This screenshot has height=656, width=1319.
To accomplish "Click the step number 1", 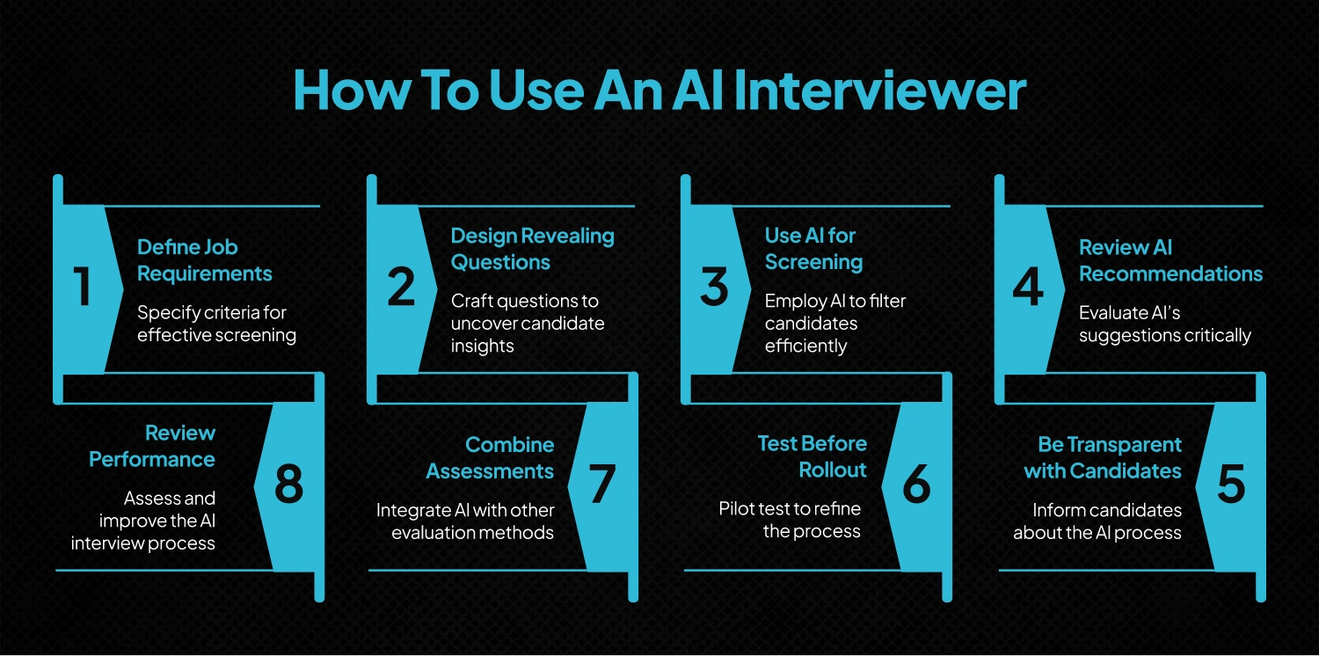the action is [x=83, y=288].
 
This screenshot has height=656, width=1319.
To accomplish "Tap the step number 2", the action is [x=401, y=288].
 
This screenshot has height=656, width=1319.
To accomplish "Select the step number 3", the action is [x=714, y=288].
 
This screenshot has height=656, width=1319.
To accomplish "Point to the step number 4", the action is [x=1028, y=288].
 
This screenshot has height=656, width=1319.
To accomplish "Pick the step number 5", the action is [x=1230, y=485].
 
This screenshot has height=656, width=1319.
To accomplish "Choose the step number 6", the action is [x=916, y=485].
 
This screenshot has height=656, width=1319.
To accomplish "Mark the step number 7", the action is [x=602, y=485].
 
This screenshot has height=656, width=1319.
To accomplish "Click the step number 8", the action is [x=288, y=485].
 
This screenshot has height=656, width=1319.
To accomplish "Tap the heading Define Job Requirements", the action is [x=204, y=260].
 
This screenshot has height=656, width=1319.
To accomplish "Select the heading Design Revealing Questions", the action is [x=532, y=249].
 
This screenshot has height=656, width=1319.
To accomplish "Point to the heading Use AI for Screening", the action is [x=813, y=249].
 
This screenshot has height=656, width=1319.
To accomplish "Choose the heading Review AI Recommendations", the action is [x=1170, y=260].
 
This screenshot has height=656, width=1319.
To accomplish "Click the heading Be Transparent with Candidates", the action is [x=1103, y=457].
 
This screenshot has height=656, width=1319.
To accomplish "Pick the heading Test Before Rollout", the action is [x=812, y=456].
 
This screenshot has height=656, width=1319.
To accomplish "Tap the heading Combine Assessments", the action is [x=490, y=457].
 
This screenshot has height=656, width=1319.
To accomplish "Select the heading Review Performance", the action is [x=152, y=446].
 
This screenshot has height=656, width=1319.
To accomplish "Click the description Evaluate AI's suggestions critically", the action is [x=1164, y=324].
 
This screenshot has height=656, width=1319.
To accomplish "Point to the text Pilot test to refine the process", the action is [x=790, y=520].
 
